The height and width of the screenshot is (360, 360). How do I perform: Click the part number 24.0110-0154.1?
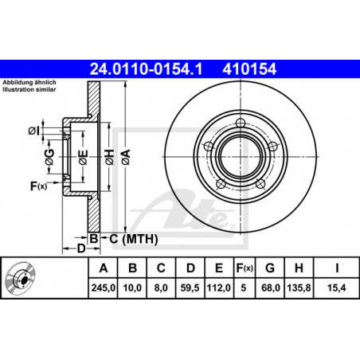[146, 69]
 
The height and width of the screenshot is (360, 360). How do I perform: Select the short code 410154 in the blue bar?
[249, 69]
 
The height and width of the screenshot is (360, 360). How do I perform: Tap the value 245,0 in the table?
[104, 288]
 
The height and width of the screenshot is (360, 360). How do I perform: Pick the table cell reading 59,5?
[190, 288]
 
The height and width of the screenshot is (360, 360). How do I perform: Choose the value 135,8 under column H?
[299, 288]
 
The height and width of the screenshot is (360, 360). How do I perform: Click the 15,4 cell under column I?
[336, 288]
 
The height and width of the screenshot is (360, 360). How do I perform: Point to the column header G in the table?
[270, 268]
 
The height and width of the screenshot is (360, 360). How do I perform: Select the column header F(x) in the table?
[245, 268]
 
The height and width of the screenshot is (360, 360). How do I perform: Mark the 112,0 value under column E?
[219, 288]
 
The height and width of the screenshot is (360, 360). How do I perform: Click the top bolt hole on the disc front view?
[241, 123]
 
